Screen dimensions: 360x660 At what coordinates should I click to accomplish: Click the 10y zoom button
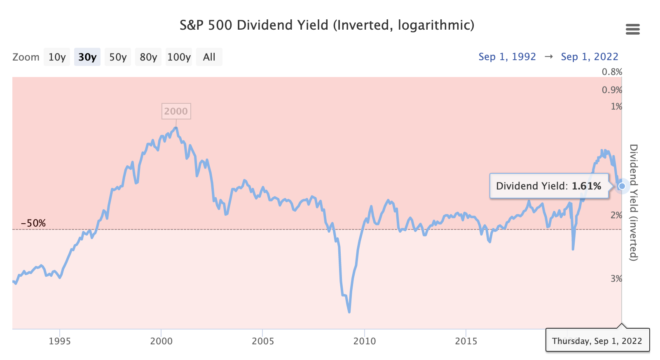click(x=57, y=57)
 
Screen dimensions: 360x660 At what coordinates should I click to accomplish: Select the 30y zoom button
click(x=87, y=57)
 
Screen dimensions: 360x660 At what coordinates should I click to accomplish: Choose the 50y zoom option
click(x=118, y=57)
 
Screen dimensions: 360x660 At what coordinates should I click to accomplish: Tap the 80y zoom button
click(x=148, y=57)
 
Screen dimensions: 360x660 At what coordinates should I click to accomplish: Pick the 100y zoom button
click(x=179, y=57)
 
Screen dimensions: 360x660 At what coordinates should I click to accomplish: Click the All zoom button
click(x=209, y=57)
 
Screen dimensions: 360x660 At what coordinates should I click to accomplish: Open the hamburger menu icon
click(x=632, y=29)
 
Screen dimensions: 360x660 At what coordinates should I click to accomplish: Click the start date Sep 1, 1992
click(x=507, y=57)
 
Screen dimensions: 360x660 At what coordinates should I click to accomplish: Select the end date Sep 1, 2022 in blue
click(x=590, y=57)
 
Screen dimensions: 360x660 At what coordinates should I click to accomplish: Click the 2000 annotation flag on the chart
click(x=176, y=111)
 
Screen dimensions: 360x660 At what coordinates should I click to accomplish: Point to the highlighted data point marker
click(x=622, y=186)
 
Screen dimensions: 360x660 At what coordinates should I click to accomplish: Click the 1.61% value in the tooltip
click(x=586, y=186)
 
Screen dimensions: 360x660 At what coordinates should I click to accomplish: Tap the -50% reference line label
click(x=33, y=223)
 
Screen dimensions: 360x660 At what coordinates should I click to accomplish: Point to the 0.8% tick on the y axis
click(x=612, y=72)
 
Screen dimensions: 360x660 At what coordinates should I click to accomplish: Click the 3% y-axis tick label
click(x=616, y=279)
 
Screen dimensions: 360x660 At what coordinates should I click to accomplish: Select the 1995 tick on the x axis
click(x=60, y=341)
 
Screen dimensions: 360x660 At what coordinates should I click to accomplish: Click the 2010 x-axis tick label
click(x=365, y=341)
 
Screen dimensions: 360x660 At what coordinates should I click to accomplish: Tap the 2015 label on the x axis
click(x=466, y=341)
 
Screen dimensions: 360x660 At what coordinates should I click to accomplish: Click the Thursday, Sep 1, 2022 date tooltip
click(x=597, y=341)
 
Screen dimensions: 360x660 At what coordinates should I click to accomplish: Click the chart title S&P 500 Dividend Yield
click(x=327, y=25)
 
